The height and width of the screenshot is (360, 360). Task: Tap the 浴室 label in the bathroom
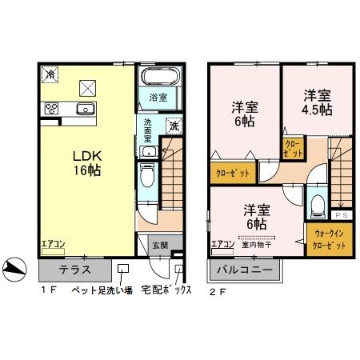coord(157,98)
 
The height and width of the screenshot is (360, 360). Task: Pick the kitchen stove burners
coord(53,109)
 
